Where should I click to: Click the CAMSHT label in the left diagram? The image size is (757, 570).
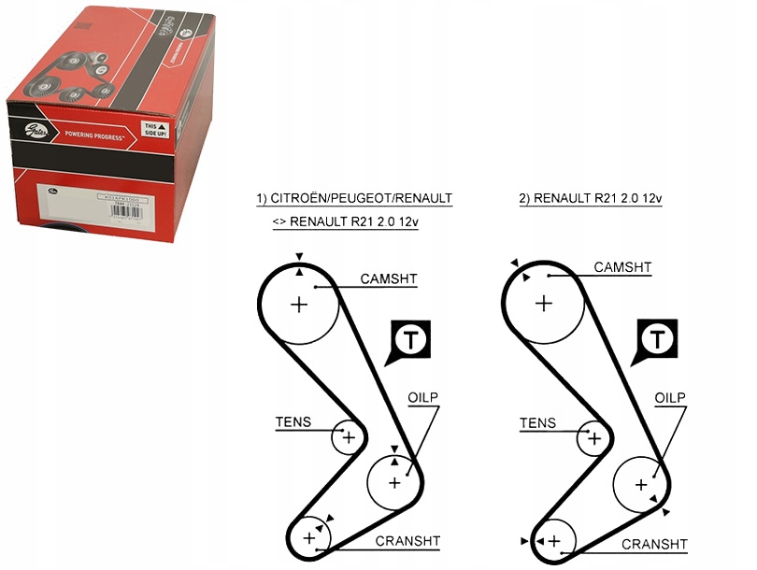pos(389,278)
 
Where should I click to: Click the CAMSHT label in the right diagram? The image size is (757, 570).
pos(622,267)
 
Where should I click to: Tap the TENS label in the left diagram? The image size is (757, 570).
pos(293,422)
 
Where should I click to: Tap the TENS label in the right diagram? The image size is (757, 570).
pos(537,423)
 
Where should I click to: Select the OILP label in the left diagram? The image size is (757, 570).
pos(422,397)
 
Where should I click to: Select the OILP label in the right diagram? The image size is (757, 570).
pos(669,397)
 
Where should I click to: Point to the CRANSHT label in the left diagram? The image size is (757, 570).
pos(407,540)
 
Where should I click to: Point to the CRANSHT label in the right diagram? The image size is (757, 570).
pos(654,544)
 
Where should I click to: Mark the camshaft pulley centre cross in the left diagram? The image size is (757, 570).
pos(298,304)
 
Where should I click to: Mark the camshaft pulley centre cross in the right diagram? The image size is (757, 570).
pos(544,302)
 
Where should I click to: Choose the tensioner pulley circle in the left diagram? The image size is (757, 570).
pos(349,436)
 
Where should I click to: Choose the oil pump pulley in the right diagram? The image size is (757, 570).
pos(641,484)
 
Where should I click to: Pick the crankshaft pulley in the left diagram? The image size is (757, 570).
pos(308,537)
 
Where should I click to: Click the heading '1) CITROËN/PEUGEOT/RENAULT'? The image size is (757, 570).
pos(354,199)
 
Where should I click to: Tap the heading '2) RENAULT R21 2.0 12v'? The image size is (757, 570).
pos(591,199)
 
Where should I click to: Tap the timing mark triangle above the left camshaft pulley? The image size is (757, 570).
pos(299,257)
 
